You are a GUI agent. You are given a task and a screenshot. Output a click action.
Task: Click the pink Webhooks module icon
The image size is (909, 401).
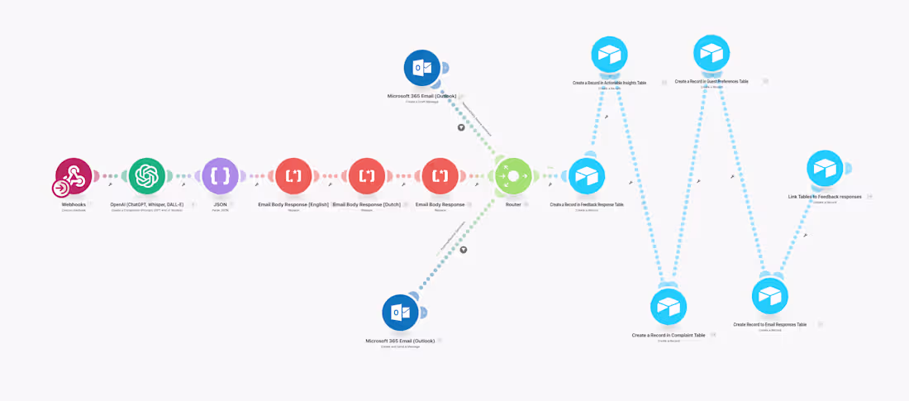[x=74, y=175]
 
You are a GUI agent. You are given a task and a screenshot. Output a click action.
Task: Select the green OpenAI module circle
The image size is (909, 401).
[x=147, y=175]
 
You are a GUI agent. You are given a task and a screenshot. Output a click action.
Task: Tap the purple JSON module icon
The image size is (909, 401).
[x=220, y=175]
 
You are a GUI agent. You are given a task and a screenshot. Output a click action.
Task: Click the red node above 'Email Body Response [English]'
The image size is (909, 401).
[x=293, y=175]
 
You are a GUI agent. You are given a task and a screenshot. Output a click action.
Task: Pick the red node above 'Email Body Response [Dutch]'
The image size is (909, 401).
[x=366, y=175]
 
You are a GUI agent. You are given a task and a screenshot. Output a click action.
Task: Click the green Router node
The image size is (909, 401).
[x=512, y=176]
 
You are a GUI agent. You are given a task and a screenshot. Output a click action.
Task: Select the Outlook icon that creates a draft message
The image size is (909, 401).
[x=421, y=68]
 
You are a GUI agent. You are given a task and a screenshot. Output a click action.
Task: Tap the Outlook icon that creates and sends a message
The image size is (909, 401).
[x=400, y=313]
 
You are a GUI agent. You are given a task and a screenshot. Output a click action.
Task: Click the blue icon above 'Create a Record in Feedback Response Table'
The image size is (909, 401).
[x=587, y=176]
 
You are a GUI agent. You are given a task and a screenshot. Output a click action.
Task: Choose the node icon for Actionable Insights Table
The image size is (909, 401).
[x=609, y=55]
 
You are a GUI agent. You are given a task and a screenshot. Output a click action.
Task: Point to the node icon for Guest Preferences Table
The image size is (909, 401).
[x=711, y=53]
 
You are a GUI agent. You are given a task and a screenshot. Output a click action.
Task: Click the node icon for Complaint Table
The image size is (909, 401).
[x=668, y=307]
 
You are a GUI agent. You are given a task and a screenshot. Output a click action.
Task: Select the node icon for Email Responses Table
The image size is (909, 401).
[x=769, y=296]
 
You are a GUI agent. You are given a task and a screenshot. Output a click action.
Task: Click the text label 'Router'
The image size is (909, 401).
[x=513, y=204]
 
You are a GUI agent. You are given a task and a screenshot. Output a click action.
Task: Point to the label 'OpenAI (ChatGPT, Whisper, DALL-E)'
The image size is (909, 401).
[x=147, y=204]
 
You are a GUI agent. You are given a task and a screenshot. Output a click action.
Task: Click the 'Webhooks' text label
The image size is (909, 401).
[x=74, y=204]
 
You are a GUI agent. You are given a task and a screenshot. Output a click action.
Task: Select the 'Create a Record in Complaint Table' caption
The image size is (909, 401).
[x=668, y=335]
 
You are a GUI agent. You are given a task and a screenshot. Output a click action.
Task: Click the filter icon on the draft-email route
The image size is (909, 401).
[x=461, y=128]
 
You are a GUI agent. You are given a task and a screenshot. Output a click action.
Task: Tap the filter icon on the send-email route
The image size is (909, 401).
[x=464, y=250]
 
